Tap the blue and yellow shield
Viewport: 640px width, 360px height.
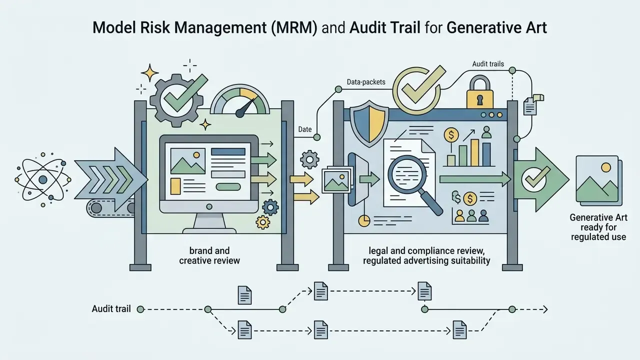tap(369, 123)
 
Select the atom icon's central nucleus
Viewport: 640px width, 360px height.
tap(43, 179)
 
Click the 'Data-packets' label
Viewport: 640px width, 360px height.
tap(366, 82)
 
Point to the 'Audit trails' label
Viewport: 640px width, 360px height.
tap(488, 64)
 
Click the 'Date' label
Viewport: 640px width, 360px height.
tap(305, 129)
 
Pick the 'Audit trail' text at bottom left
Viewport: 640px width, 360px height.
tap(111, 309)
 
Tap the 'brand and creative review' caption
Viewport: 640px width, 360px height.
tap(209, 255)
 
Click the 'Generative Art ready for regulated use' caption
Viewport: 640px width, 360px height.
tap(598, 227)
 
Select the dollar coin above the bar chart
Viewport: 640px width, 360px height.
tap(451, 135)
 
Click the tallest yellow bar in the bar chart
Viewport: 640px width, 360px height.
tap(474, 152)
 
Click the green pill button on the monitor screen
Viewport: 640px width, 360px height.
tap(228, 187)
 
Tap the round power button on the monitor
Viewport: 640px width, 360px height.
tap(209, 206)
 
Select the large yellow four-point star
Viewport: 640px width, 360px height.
tap(149, 72)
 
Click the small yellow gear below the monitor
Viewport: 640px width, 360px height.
tap(263, 222)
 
